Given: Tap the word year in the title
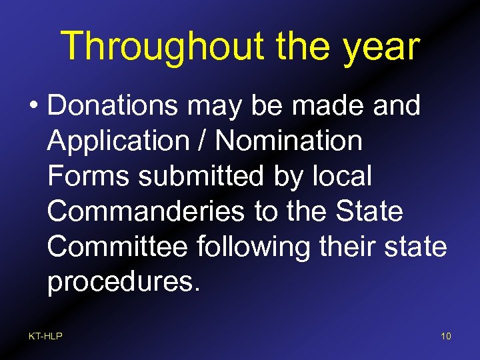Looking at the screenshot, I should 381,47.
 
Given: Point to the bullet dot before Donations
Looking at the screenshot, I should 33,106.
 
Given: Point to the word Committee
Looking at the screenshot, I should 118,247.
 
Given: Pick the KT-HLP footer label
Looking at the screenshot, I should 45,336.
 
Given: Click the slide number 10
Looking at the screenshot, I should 445,336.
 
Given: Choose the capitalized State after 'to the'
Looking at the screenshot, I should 371,211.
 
